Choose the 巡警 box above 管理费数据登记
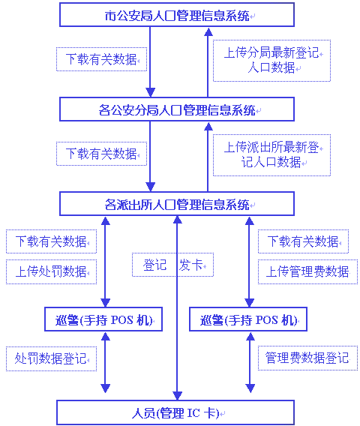(248, 320)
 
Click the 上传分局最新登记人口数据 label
(271, 60)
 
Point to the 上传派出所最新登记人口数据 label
(271, 154)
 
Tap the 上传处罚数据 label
(51, 271)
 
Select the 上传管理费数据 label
(307, 271)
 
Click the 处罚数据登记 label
(51, 358)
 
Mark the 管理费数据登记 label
(307, 358)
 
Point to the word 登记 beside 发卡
(154, 265)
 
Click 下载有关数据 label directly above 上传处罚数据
(51, 241)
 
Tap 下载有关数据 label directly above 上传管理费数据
(303, 241)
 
